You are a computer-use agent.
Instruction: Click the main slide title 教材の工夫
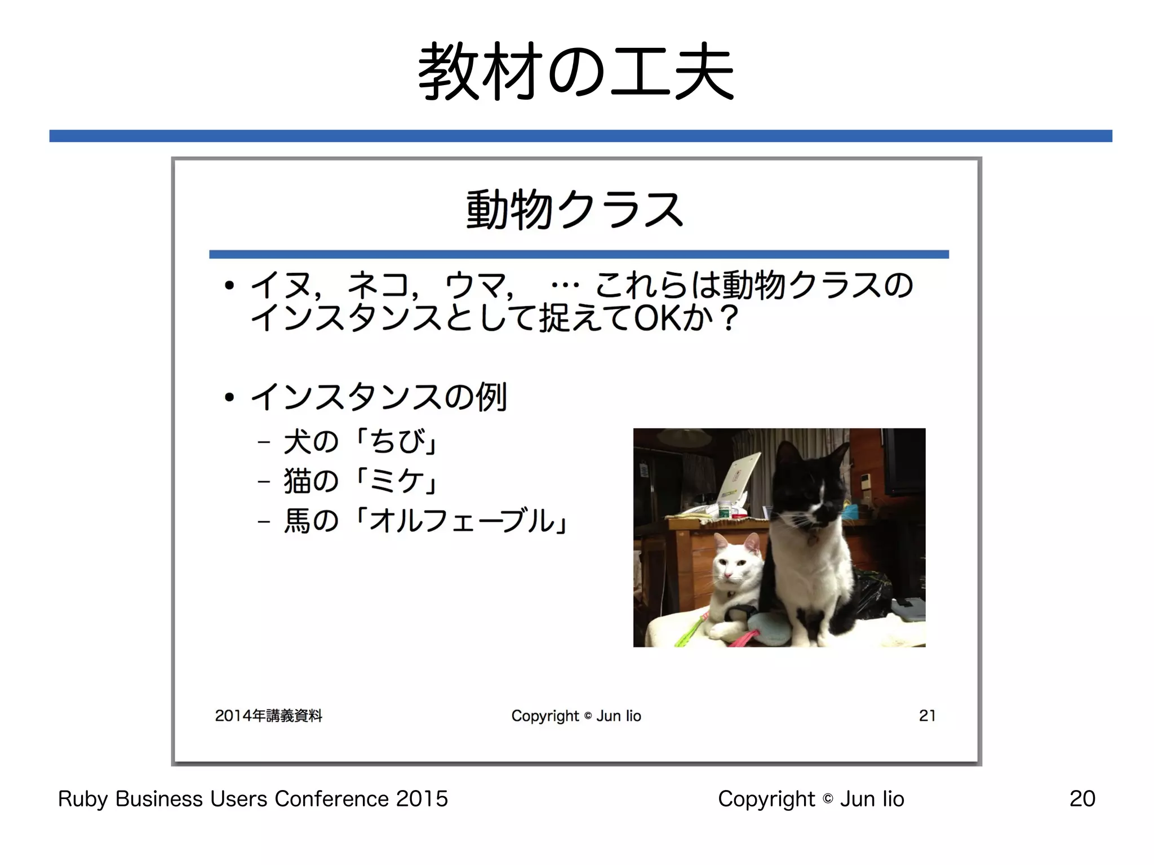tap(576, 72)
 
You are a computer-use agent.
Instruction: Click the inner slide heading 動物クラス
tap(575, 210)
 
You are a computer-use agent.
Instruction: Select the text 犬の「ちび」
tap(361, 441)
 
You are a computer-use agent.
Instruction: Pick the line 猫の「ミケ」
tap(361, 481)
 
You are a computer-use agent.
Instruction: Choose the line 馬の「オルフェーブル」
tap(426, 520)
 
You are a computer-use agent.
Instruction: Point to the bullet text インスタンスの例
tap(379, 397)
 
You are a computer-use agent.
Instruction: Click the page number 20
tap(1082, 799)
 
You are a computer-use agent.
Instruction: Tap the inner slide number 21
tap(927, 716)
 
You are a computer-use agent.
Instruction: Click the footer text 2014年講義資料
tap(269, 716)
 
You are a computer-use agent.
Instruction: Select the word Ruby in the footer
tap(83, 799)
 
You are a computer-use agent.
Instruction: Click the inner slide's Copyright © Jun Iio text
tap(576, 716)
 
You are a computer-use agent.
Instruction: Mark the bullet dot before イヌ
tap(229, 286)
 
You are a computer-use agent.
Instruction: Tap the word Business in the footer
tap(159, 799)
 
